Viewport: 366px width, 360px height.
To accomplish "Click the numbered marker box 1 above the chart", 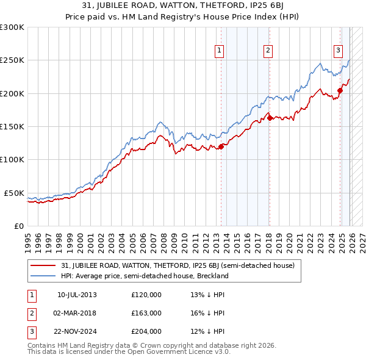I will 218,51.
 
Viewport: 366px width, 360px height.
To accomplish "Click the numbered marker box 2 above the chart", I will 268,51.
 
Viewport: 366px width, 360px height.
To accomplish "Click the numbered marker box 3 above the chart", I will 338,51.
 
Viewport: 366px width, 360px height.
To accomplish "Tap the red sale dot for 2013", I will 221,146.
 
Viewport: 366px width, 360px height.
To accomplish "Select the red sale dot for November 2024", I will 340,91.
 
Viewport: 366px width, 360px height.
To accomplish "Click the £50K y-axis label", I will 14,193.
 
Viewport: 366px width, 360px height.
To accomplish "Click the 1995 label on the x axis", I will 28,238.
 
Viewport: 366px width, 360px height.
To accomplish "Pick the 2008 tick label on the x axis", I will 164,238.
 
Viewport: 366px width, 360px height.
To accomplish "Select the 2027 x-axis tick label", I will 361,238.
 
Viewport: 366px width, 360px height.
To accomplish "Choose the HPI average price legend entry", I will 144,276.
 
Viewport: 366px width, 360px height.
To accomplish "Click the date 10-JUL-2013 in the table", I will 77,294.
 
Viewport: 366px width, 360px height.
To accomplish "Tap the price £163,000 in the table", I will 146,312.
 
